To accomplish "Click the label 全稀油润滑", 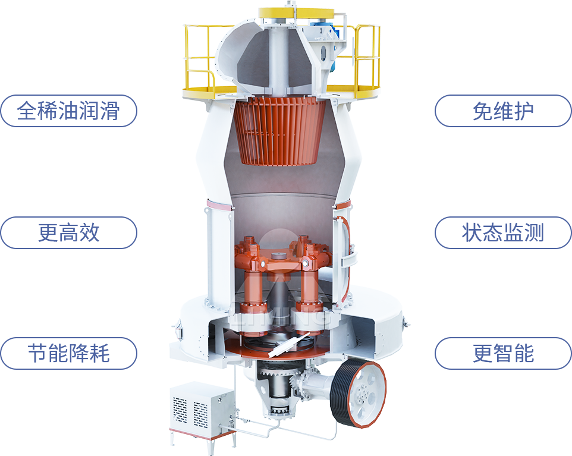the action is [68, 111].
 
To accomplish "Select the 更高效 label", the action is [68, 232].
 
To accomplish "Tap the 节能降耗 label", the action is [68, 354].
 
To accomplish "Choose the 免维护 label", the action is [503, 111].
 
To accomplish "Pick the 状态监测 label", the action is [503, 232].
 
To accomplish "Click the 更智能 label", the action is [503, 354].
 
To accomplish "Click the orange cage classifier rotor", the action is [279, 131].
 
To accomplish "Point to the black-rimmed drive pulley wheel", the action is [358, 393].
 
